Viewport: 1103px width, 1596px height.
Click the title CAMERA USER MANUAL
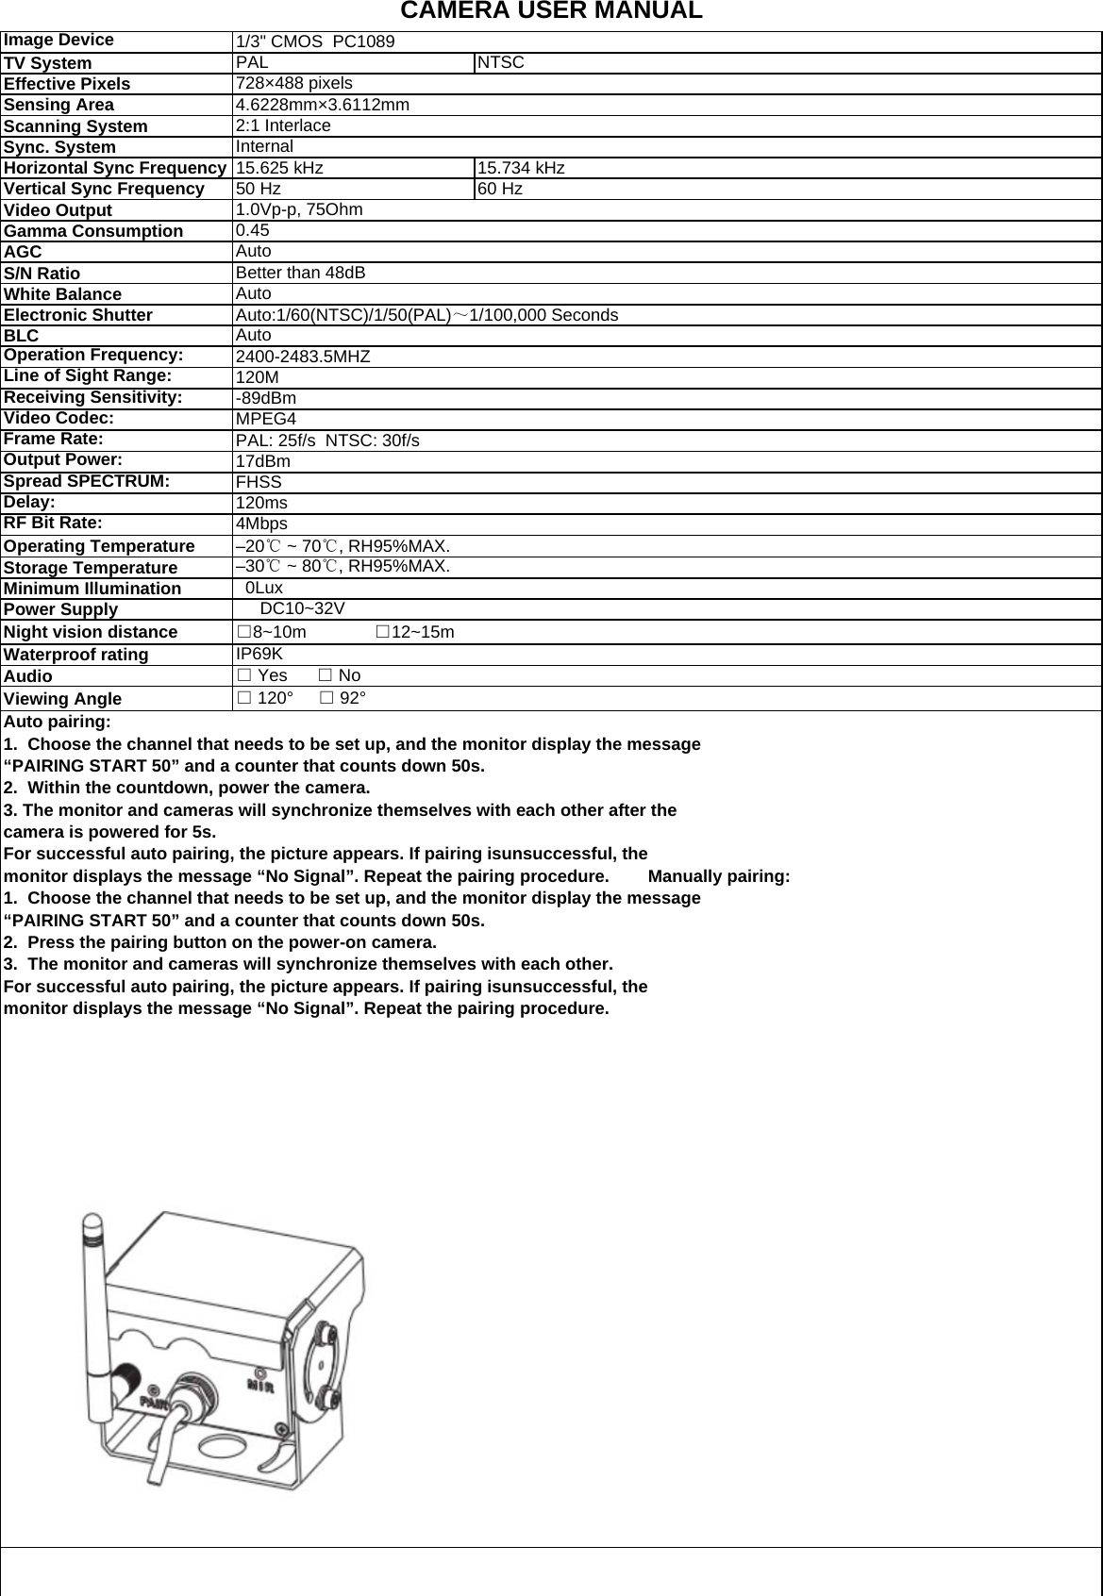[x=551, y=11]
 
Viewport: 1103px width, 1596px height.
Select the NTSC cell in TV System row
[x=500, y=63]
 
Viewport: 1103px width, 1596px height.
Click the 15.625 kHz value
[x=279, y=168]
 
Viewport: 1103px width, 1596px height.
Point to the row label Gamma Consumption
[x=93, y=231]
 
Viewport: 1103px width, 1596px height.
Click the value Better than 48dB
[x=300, y=273]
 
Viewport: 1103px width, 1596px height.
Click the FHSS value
[x=259, y=482]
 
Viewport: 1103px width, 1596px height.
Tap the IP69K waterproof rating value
[x=259, y=654]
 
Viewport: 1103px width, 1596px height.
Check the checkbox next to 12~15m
[x=382, y=631]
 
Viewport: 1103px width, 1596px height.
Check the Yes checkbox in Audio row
[x=243, y=675]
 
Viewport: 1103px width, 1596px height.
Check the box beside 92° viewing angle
[x=326, y=698]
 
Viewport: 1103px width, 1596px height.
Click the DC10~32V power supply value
[x=302, y=608]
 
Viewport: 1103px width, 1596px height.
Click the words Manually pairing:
[x=719, y=876]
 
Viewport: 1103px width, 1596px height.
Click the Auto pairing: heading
[x=58, y=722]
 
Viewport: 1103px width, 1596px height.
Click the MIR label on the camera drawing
[x=260, y=1386]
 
